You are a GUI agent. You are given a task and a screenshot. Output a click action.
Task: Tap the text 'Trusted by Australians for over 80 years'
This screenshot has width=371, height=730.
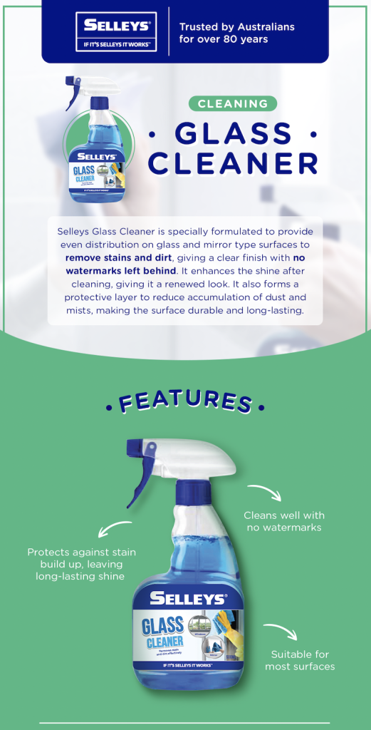click(x=236, y=33)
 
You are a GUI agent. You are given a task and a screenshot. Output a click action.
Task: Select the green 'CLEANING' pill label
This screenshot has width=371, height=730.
click(x=232, y=104)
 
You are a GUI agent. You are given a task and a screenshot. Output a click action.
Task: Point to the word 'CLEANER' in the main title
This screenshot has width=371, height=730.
click(x=234, y=163)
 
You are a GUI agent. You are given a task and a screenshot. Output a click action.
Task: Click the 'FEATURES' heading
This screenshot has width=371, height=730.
click(x=185, y=402)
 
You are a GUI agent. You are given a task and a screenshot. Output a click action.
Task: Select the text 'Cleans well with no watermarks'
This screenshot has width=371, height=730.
click(x=283, y=521)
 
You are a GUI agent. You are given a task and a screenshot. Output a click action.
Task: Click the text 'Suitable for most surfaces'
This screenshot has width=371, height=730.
click(x=300, y=660)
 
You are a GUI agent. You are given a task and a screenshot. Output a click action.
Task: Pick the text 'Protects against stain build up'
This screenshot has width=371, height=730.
click(x=81, y=564)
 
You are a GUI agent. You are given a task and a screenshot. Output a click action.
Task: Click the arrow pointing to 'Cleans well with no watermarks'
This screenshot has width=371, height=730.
click(x=264, y=493)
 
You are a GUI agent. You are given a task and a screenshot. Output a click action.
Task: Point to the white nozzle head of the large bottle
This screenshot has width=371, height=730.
click(x=207, y=456)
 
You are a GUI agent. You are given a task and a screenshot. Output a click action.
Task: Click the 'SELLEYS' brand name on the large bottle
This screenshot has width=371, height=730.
click(x=187, y=600)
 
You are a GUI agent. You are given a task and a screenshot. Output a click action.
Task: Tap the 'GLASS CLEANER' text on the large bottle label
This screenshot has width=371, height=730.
click(x=163, y=632)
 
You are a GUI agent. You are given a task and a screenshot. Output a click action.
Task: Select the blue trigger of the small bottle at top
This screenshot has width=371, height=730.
click(x=73, y=93)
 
